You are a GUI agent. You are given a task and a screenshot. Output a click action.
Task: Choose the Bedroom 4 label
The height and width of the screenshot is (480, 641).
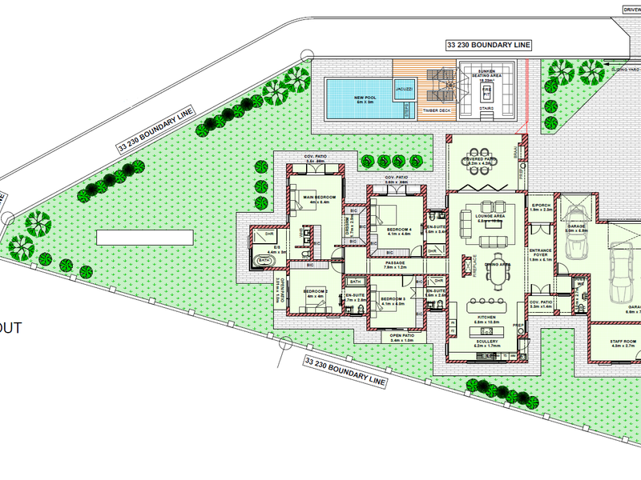pos(399,231)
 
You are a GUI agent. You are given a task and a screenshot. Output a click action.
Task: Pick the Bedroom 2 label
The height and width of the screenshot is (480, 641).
pos(315,293)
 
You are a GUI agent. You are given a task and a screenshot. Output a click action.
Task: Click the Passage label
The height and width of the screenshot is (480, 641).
pos(395,265)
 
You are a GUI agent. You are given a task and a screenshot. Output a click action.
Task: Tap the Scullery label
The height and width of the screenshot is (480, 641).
pos(486,342)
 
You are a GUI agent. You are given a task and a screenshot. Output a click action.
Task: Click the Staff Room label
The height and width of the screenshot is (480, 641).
pos(623,343)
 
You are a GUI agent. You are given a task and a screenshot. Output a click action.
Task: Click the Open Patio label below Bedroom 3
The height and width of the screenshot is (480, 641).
pos(401,338)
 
